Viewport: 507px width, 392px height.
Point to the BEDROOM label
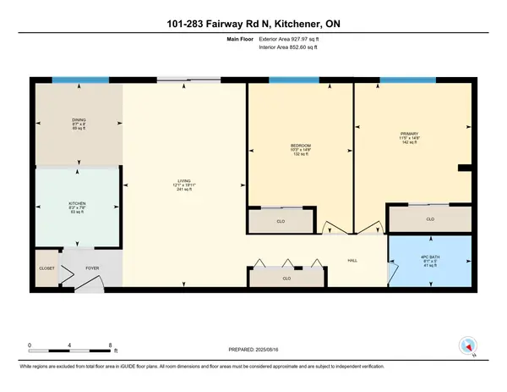[x=301, y=146]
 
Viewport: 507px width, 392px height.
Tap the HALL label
[x=356, y=261]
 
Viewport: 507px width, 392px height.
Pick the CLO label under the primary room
[x=429, y=219]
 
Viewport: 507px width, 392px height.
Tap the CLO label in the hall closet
[x=286, y=277]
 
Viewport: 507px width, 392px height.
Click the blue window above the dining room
[x=75, y=80]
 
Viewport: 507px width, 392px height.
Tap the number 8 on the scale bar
[x=112, y=345]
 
